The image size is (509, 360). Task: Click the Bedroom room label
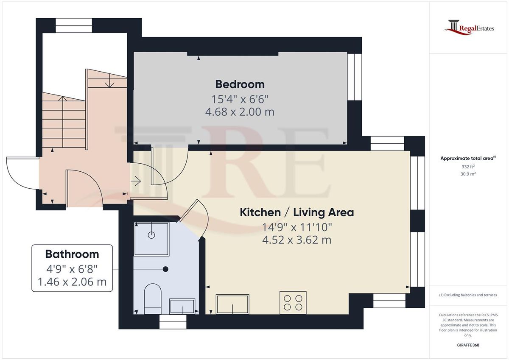[240, 84]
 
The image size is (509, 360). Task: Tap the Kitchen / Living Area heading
[296, 212]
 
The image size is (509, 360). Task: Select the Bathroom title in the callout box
[72, 254]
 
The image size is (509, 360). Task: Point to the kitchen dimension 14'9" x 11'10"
[296, 227]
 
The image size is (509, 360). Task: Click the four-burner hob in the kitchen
[293, 302]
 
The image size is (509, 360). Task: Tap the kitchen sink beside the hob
[232, 304]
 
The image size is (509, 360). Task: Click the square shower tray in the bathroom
[151, 239]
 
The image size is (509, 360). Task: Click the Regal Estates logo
[469, 28]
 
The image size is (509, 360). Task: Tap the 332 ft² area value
[468, 167]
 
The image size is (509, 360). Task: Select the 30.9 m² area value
[468, 174]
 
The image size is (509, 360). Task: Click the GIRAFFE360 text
[469, 345]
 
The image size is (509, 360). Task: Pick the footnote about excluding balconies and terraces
[468, 295]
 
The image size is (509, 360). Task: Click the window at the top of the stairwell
[74, 25]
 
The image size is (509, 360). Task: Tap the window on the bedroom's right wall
[352, 76]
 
